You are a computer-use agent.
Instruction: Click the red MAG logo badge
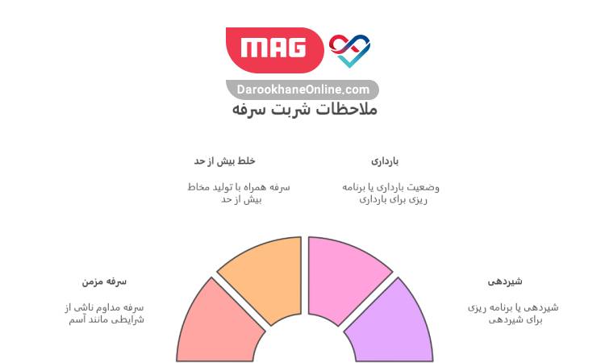point(275,48)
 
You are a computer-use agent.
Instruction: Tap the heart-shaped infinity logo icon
point(350,48)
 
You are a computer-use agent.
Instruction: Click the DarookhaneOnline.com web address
point(303,90)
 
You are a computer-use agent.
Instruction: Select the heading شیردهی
point(505,282)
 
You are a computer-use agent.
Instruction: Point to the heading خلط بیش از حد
point(224,161)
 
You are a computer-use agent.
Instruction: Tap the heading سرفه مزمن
point(104,282)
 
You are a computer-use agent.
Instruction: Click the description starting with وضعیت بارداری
point(391,193)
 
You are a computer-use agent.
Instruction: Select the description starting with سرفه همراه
point(237,193)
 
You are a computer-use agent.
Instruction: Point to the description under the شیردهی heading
point(513,313)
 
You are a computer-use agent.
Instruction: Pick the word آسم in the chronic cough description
point(78,319)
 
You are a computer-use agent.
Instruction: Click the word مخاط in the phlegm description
point(198,187)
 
